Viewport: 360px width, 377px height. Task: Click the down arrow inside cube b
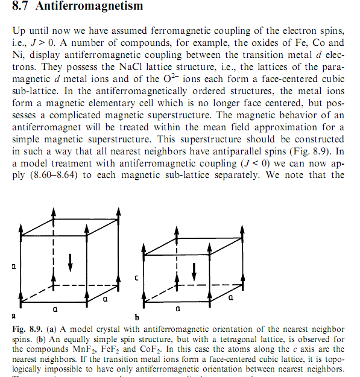coord(194,271)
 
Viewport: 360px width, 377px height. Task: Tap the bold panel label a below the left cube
coord(13,315)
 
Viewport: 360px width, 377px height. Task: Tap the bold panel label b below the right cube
coord(137,315)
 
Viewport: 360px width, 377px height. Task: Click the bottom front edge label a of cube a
coord(55,309)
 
